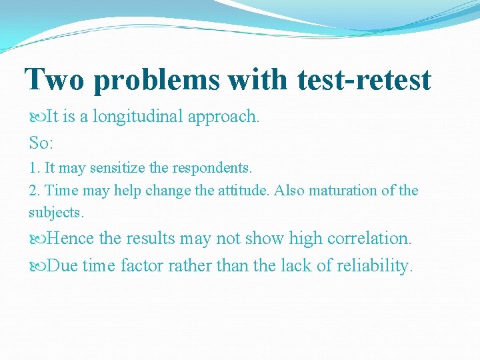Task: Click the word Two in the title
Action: [55, 80]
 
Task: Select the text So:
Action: [42, 142]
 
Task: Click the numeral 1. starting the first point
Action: [34, 168]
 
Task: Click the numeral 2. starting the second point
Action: [35, 191]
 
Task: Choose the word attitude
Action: [243, 191]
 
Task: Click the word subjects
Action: [56, 213]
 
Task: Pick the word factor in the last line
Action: [142, 265]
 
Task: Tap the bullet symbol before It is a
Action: [37, 117]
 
